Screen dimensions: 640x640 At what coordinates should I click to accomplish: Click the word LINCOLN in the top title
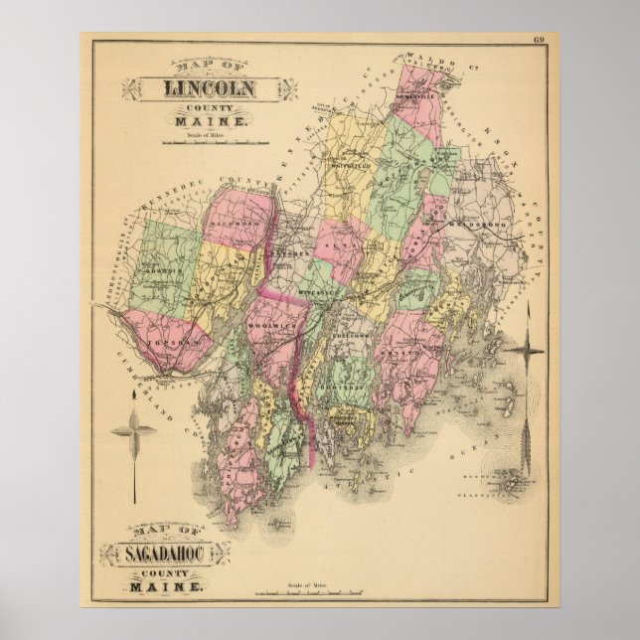pos(208,86)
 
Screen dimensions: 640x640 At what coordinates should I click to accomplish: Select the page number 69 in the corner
pos(539,41)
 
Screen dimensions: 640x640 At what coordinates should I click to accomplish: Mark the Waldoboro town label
pos(484,226)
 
